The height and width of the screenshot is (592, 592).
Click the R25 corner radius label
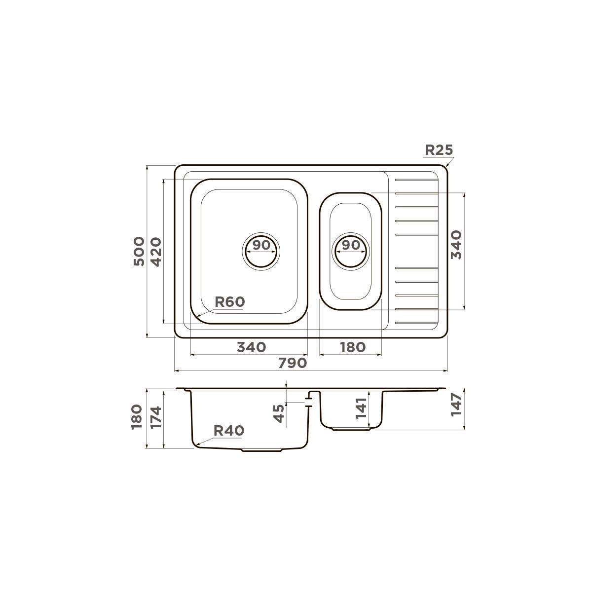pos(439,150)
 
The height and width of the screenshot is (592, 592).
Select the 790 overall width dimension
pos(293,363)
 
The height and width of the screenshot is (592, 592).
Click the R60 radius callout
pos(230,302)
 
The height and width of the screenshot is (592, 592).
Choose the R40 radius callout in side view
pos(229,431)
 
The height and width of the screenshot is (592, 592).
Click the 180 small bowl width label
pos(353,347)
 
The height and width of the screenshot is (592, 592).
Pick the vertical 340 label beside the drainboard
pos(456,245)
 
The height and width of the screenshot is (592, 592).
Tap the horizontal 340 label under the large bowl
pos(251,347)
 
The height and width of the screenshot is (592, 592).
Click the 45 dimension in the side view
pos(279,413)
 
